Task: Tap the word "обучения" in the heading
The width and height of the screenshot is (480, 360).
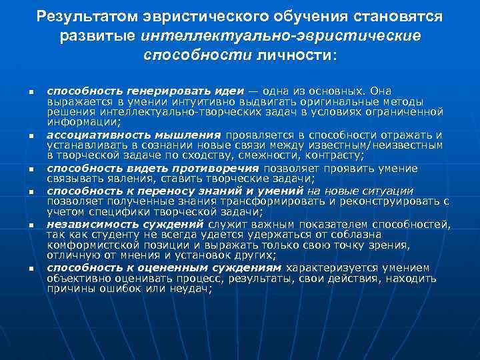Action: point(276,15)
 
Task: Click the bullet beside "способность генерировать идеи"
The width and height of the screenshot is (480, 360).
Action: point(22,91)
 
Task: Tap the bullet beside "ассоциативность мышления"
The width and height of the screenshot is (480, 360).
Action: point(22,136)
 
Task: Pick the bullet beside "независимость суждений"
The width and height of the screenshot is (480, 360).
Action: point(22,225)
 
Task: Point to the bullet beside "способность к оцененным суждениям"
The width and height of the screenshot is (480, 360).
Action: point(22,269)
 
